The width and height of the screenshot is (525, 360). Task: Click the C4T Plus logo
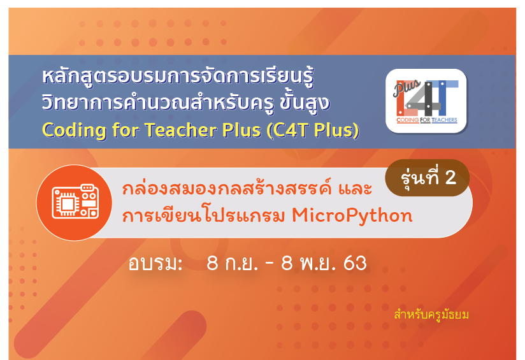click(427, 100)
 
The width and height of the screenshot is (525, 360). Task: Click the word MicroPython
click(352, 216)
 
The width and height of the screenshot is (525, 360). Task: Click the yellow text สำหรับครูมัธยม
click(431, 314)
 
